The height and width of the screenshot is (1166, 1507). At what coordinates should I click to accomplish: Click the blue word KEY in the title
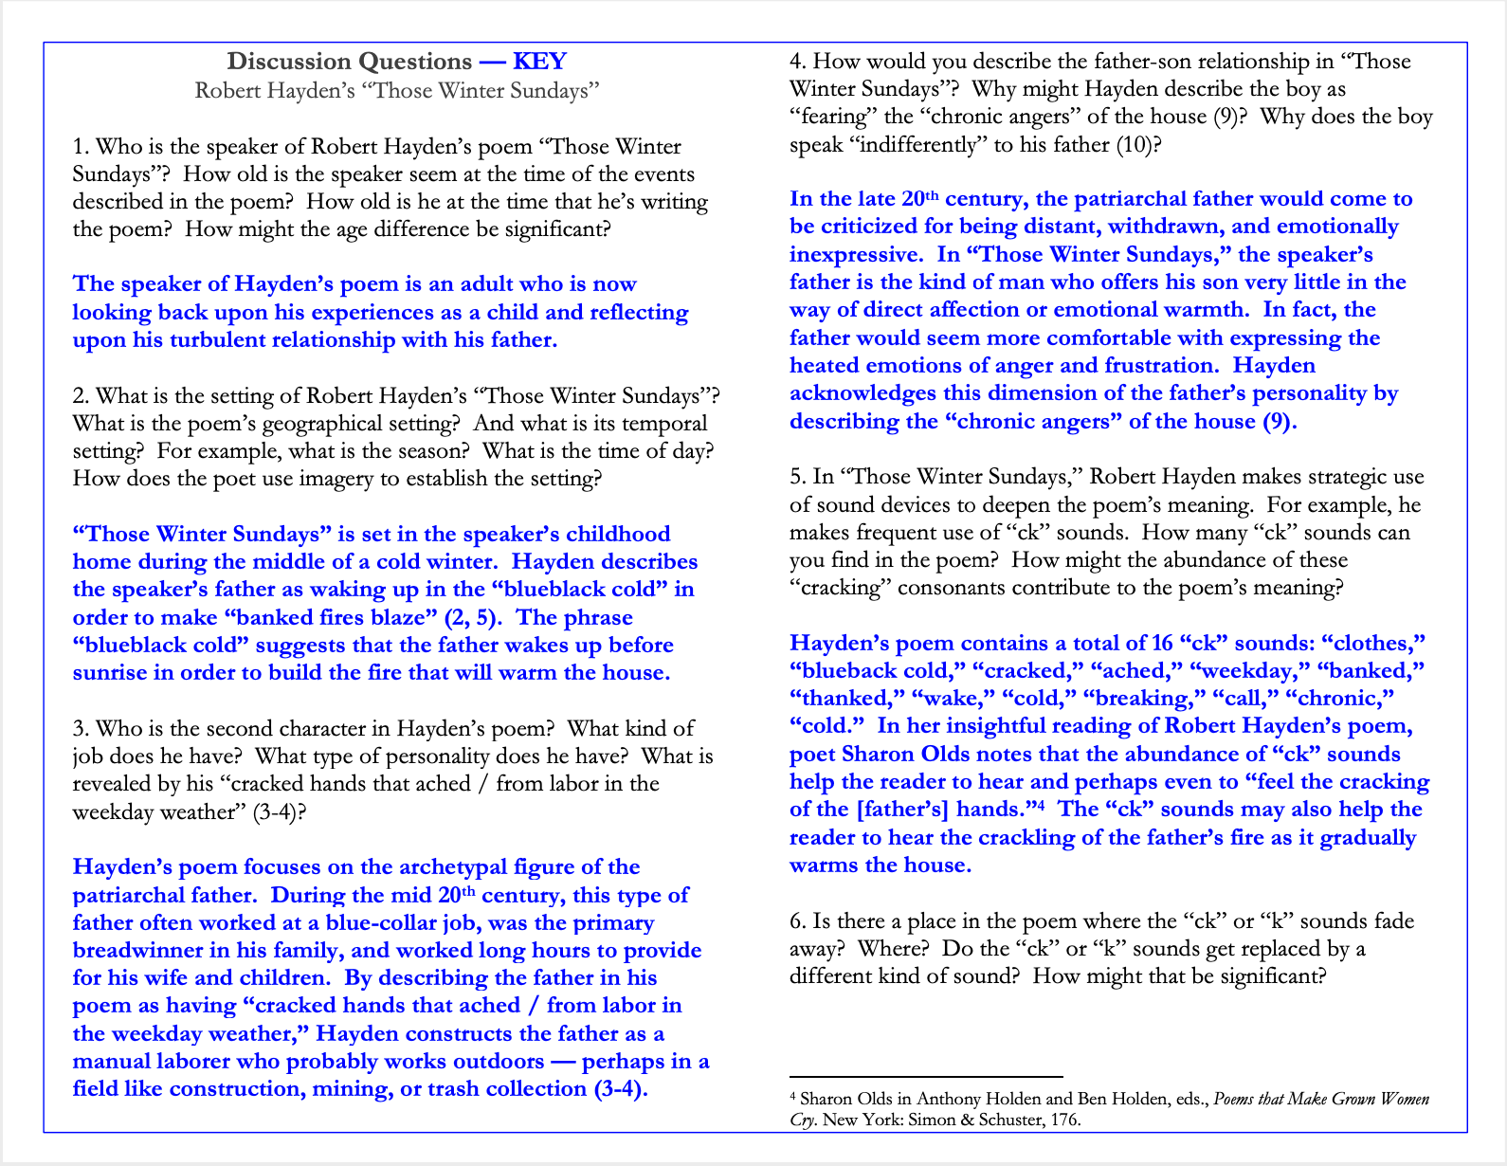539,62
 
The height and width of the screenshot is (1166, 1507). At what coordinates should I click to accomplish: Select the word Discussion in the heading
288,62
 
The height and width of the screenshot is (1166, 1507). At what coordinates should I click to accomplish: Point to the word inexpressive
856,255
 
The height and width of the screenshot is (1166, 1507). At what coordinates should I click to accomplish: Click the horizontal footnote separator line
926,1077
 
